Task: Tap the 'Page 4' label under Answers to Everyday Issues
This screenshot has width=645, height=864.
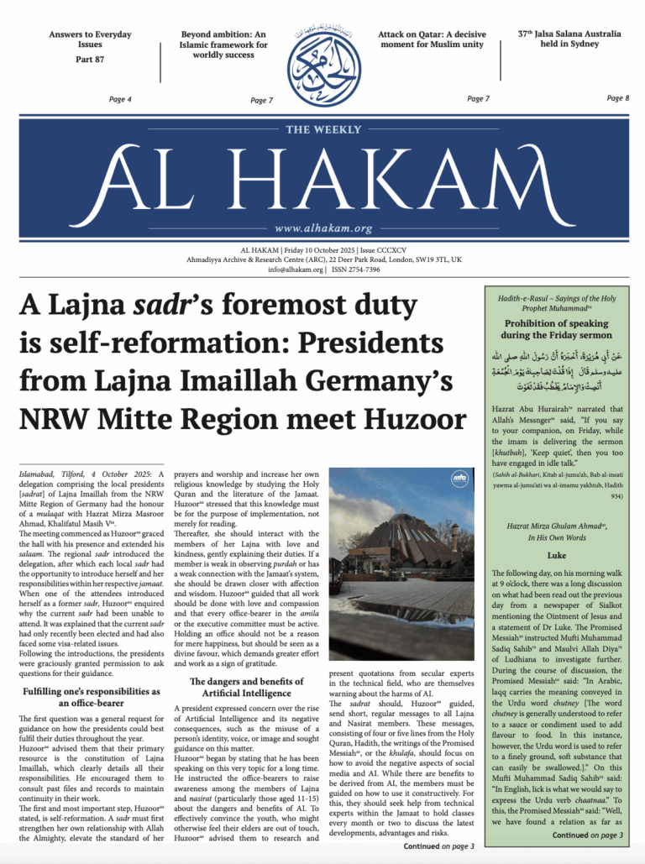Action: click(120, 99)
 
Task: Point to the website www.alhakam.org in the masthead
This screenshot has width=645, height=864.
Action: click(322, 228)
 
